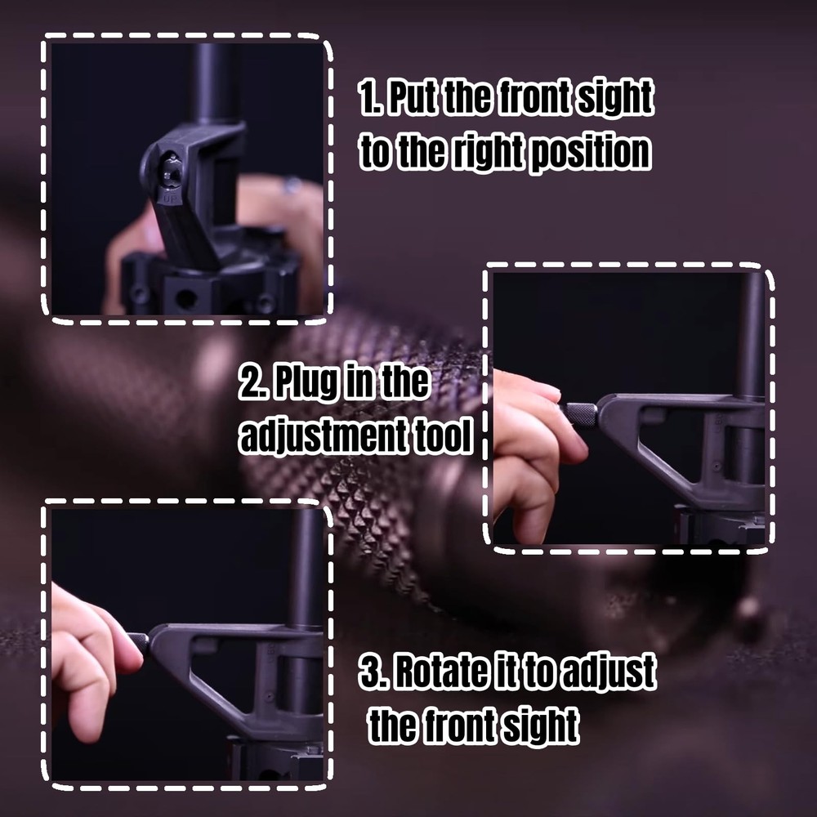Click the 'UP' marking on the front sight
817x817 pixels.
(172, 198)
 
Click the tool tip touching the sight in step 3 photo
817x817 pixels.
(139, 641)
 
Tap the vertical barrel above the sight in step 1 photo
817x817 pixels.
(214, 82)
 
